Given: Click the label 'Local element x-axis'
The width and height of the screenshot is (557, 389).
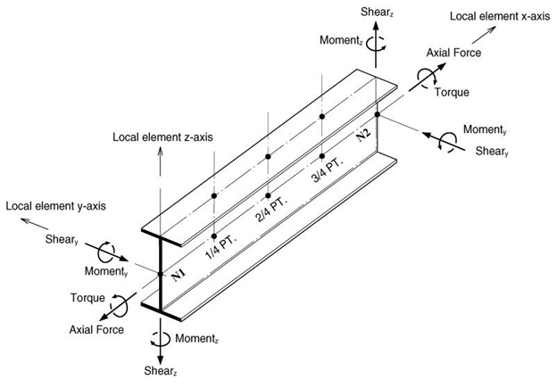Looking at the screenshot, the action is click(x=500, y=17).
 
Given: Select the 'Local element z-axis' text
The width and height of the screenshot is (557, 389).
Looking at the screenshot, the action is click(x=162, y=137).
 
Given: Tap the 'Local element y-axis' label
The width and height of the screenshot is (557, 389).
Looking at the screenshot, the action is click(x=55, y=206).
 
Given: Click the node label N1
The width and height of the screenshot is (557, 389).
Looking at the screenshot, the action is click(x=179, y=275).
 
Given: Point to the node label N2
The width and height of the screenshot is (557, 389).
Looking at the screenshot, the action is click(x=363, y=135).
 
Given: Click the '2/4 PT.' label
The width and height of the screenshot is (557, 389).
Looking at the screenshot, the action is click(x=271, y=209).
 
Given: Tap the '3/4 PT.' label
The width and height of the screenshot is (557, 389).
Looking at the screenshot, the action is click(x=328, y=170).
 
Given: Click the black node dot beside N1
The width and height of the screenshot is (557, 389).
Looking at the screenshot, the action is click(x=160, y=274).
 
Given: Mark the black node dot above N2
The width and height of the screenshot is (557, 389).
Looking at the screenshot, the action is click(x=378, y=114).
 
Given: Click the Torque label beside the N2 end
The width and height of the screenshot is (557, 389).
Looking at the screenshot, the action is click(x=452, y=92).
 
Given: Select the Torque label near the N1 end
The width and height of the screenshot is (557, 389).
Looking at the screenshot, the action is click(x=87, y=298).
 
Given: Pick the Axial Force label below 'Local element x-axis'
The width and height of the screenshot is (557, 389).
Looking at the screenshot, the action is click(x=453, y=53).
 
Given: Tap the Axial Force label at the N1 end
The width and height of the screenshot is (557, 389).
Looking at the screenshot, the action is click(x=96, y=330).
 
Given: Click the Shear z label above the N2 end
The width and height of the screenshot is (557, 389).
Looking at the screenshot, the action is click(x=378, y=12).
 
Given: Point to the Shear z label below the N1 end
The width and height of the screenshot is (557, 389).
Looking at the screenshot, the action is click(x=161, y=371).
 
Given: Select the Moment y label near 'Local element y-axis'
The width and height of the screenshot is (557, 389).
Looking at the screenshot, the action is click(x=106, y=271).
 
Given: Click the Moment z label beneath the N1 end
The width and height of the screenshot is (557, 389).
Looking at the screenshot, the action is click(x=196, y=339).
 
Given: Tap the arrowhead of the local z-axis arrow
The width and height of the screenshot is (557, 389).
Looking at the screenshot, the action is click(x=160, y=151).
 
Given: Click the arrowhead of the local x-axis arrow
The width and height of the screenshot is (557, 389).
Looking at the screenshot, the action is click(x=492, y=29).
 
